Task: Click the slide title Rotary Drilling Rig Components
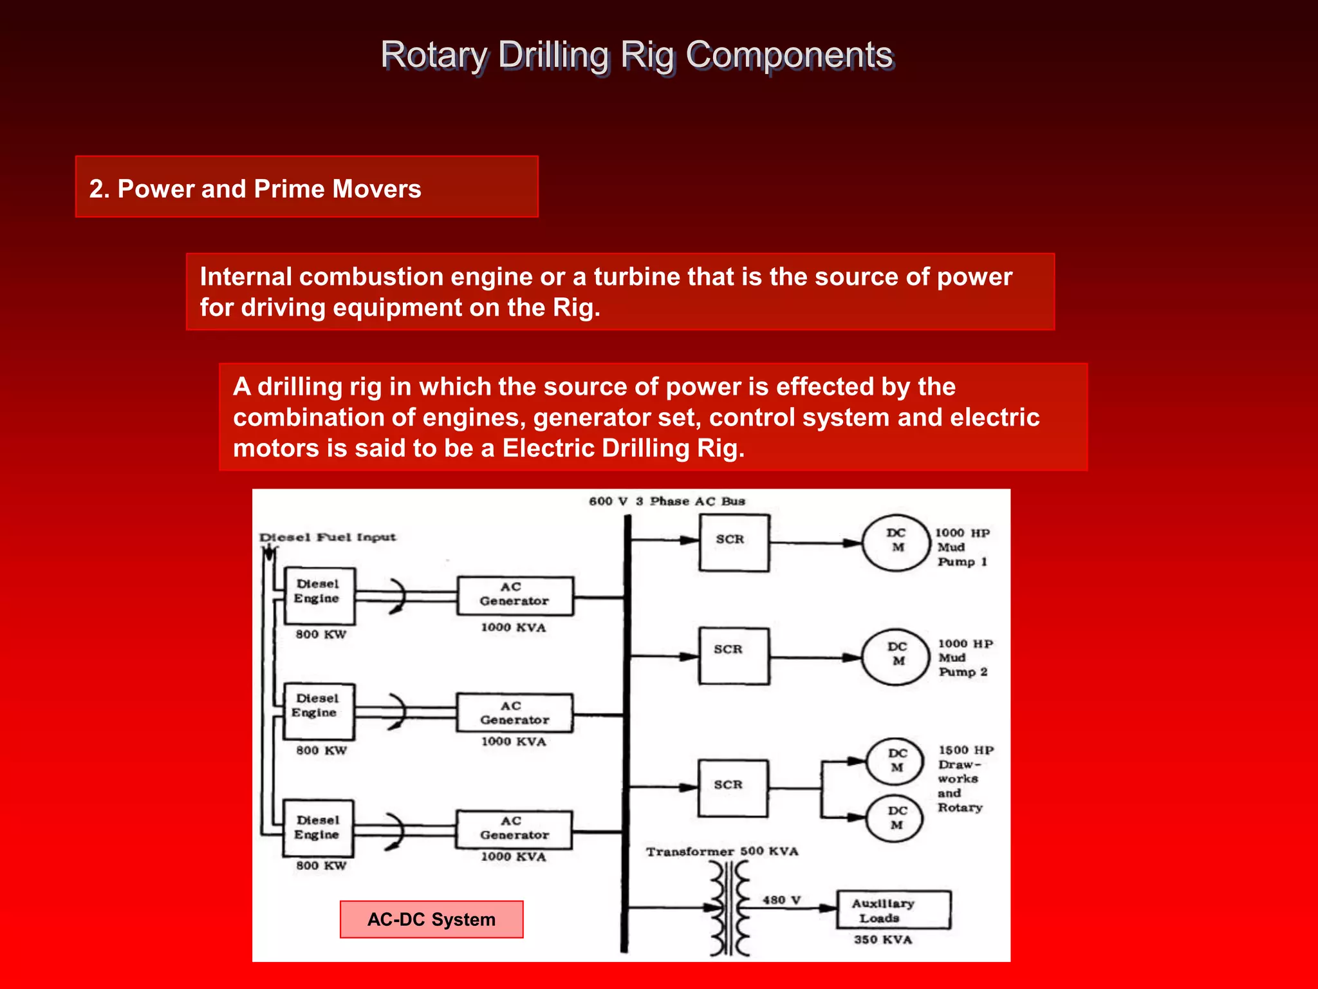coord(636,55)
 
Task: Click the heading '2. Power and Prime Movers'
coord(255,189)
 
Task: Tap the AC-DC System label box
coord(431,919)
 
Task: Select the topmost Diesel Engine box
coord(320,596)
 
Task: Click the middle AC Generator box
coord(514,713)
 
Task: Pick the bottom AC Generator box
coord(514,829)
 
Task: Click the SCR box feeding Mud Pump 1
coord(733,543)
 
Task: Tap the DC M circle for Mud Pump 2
coord(896,657)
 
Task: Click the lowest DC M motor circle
coord(895,818)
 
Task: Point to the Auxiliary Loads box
coord(893,910)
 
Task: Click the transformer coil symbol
coord(730,909)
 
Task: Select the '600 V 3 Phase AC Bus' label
coord(667,502)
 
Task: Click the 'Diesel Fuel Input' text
coord(327,537)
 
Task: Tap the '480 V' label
coord(781,900)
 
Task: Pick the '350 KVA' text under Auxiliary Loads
coord(883,939)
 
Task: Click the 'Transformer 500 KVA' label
coord(722,851)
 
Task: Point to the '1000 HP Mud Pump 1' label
coord(962,547)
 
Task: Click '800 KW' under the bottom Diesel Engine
coord(321,865)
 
